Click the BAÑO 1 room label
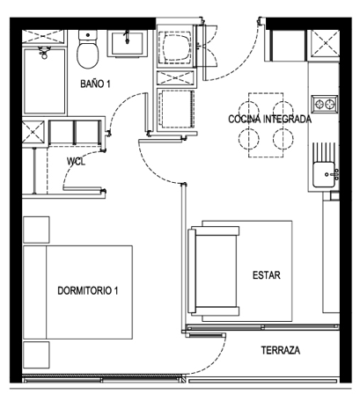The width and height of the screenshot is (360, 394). click(95, 84)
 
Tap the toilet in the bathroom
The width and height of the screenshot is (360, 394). click(87, 49)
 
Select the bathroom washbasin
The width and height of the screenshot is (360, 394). click(127, 43)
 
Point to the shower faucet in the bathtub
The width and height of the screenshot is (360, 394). click(44, 53)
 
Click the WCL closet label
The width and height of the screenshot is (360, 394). click(76, 162)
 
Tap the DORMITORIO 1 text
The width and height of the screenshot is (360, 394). click(88, 290)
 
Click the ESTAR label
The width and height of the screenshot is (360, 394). click(267, 275)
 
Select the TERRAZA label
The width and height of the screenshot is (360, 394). click(281, 350)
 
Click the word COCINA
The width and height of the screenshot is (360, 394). click(244, 119)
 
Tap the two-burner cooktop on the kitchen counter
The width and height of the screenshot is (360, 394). click(325, 104)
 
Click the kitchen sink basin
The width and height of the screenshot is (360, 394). click(323, 175)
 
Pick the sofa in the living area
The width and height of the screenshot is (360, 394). click(214, 270)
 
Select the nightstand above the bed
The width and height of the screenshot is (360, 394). click(36, 230)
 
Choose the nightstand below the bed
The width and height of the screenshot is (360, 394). click(36, 354)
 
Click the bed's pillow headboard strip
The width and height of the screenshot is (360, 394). click(34, 292)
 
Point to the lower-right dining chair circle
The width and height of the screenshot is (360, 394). click(283, 139)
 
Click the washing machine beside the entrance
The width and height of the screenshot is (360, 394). click(175, 47)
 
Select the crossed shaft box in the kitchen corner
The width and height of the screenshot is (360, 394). click(325, 43)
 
